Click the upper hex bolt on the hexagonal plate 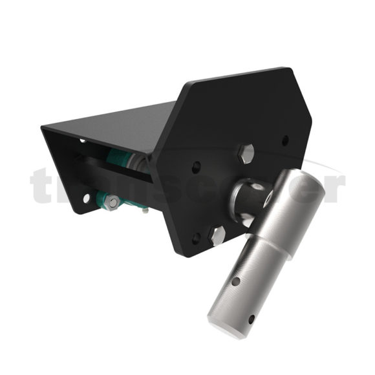(x=246, y=153)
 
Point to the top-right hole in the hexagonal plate (x=286, y=139)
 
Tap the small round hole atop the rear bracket (x=83, y=140)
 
